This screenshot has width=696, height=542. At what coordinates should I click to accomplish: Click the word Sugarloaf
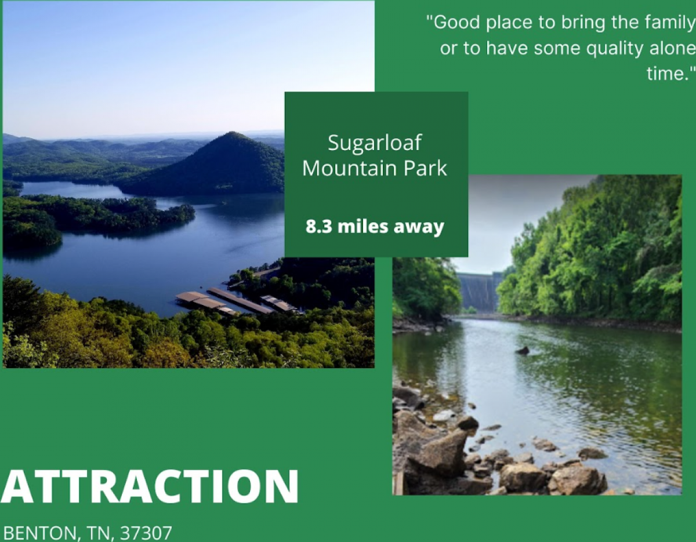(375, 143)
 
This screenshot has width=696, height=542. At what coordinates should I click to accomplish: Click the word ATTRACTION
(149, 487)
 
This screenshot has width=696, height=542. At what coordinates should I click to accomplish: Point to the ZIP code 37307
(146, 533)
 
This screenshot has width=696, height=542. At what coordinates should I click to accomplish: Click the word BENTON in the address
(41, 533)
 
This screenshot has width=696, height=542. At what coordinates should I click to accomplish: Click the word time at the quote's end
(668, 73)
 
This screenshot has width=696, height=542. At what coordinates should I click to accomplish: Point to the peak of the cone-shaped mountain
(233, 132)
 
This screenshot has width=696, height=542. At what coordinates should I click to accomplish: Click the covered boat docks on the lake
(238, 301)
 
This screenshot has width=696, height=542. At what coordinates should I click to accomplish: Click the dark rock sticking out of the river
(522, 351)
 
